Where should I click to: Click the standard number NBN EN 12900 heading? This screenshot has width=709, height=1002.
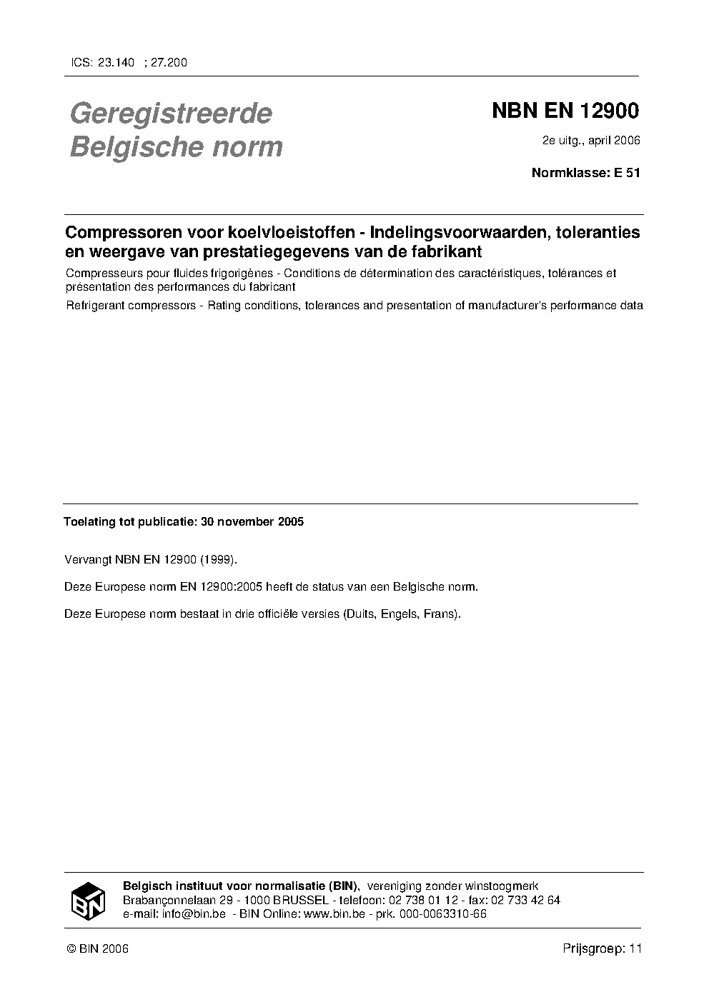(565, 111)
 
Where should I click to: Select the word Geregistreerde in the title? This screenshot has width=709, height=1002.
(171, 113)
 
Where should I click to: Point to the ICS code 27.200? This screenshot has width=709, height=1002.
(169, 63)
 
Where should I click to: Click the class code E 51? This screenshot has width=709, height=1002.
(627, 172)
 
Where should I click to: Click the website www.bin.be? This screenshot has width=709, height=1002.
(334, 913)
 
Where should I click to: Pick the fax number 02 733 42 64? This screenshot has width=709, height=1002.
(525, 900)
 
